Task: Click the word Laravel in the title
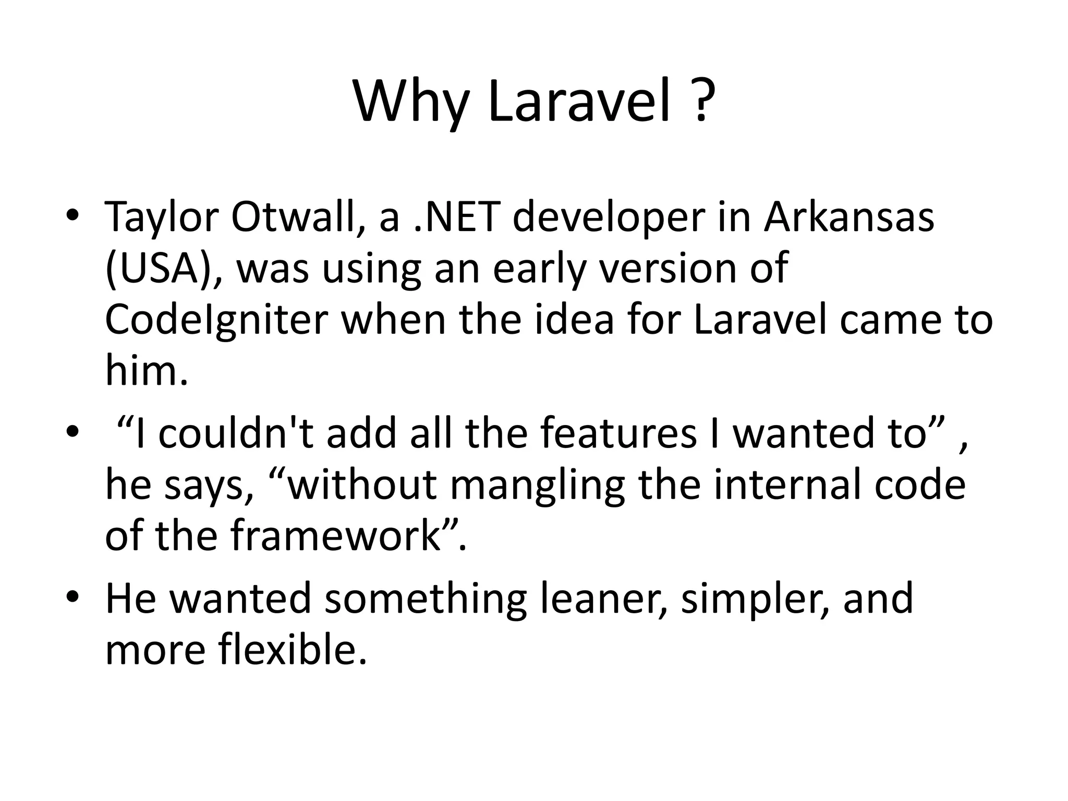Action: click(579, 101)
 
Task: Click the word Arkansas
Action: click(849, 217)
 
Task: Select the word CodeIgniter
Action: click(216, 321)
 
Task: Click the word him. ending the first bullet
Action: click(146, 370)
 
